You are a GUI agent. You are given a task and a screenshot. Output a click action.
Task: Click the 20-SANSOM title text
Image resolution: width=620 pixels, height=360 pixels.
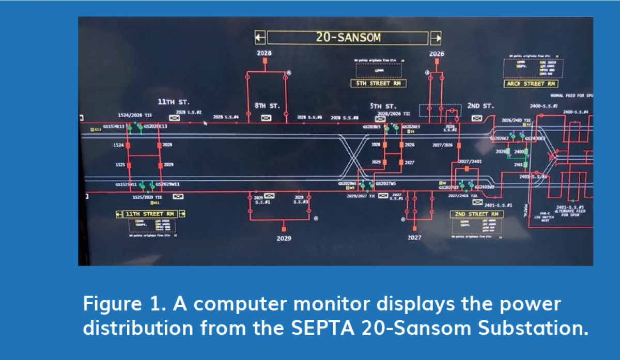click(x=348, y=38)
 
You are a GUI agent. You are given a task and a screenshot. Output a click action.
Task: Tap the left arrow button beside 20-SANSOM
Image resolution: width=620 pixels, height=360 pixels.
click(x=260, y=38)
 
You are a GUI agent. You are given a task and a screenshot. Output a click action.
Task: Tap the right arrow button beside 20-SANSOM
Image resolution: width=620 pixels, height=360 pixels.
click(x=436, y=38)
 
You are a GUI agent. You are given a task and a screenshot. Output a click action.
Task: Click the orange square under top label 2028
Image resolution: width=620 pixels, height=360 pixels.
click(x=265, y=60)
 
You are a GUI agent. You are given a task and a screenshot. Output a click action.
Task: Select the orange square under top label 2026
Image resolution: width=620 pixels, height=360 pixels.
click(x=437, y=61)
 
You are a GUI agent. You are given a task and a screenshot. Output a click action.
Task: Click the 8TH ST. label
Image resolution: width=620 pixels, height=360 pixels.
click(x=267, y=106)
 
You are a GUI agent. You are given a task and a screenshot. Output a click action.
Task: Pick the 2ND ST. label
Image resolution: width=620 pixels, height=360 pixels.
click(x=481, y=106)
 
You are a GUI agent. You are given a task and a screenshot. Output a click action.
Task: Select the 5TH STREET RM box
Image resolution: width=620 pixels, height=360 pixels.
click(x=378, y=84)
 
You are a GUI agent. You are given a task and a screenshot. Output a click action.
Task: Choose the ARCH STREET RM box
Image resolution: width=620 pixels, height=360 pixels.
click(x=531, y=84)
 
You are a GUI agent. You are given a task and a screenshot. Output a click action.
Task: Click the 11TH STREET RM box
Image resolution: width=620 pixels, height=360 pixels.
click(x=150, y=214)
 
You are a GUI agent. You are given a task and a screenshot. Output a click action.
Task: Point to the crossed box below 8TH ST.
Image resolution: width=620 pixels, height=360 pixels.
click(x=267, y=118)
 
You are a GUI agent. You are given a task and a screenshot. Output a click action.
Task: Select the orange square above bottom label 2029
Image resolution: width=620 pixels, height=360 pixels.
click(x=284, y=228)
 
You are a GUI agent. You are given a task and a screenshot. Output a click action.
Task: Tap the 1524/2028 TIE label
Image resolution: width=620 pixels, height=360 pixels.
click(x=135, y=114)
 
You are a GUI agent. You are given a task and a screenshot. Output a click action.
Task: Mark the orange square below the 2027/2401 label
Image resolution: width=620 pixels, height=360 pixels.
click(x=467, y=169)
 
